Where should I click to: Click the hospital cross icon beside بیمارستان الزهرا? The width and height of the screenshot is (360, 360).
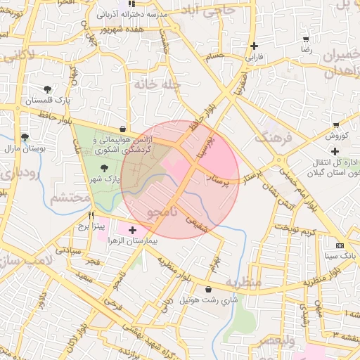132,230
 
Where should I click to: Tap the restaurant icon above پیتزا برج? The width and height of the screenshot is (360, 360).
91,216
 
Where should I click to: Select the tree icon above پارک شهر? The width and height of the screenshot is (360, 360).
105,167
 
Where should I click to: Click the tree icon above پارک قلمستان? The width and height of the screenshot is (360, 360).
47,89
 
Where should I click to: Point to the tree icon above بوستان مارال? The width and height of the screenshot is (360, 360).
25,137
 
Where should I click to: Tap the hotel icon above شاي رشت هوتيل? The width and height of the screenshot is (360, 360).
208,289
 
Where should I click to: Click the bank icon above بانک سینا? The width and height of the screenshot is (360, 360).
340,245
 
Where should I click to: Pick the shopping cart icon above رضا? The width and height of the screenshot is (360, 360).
306,39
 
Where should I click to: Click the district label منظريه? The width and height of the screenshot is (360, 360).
243,283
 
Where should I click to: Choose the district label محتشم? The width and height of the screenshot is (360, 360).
69,198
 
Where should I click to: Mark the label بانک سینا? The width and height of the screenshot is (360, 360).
340,256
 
